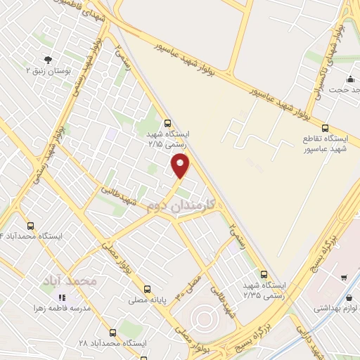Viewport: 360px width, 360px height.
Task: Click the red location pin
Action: coord(181,166)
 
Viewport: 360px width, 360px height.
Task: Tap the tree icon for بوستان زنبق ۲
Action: coord(47,60)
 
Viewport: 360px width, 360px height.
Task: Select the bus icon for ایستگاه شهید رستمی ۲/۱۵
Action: coord(167,122)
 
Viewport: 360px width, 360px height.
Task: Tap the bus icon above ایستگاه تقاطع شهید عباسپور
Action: coord(324,128)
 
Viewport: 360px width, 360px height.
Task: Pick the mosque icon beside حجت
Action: coord(349,79)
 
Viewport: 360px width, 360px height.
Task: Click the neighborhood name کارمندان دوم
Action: coord(181,205)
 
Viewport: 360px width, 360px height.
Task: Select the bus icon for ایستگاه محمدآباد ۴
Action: coord(30,226)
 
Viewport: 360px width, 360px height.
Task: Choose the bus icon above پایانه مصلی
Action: coord(147,288)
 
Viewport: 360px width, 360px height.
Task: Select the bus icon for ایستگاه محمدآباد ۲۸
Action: coord(112,333)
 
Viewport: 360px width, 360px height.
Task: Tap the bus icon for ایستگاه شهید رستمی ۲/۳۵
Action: coord(264,274)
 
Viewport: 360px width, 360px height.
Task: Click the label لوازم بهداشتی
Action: coord(336,308)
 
